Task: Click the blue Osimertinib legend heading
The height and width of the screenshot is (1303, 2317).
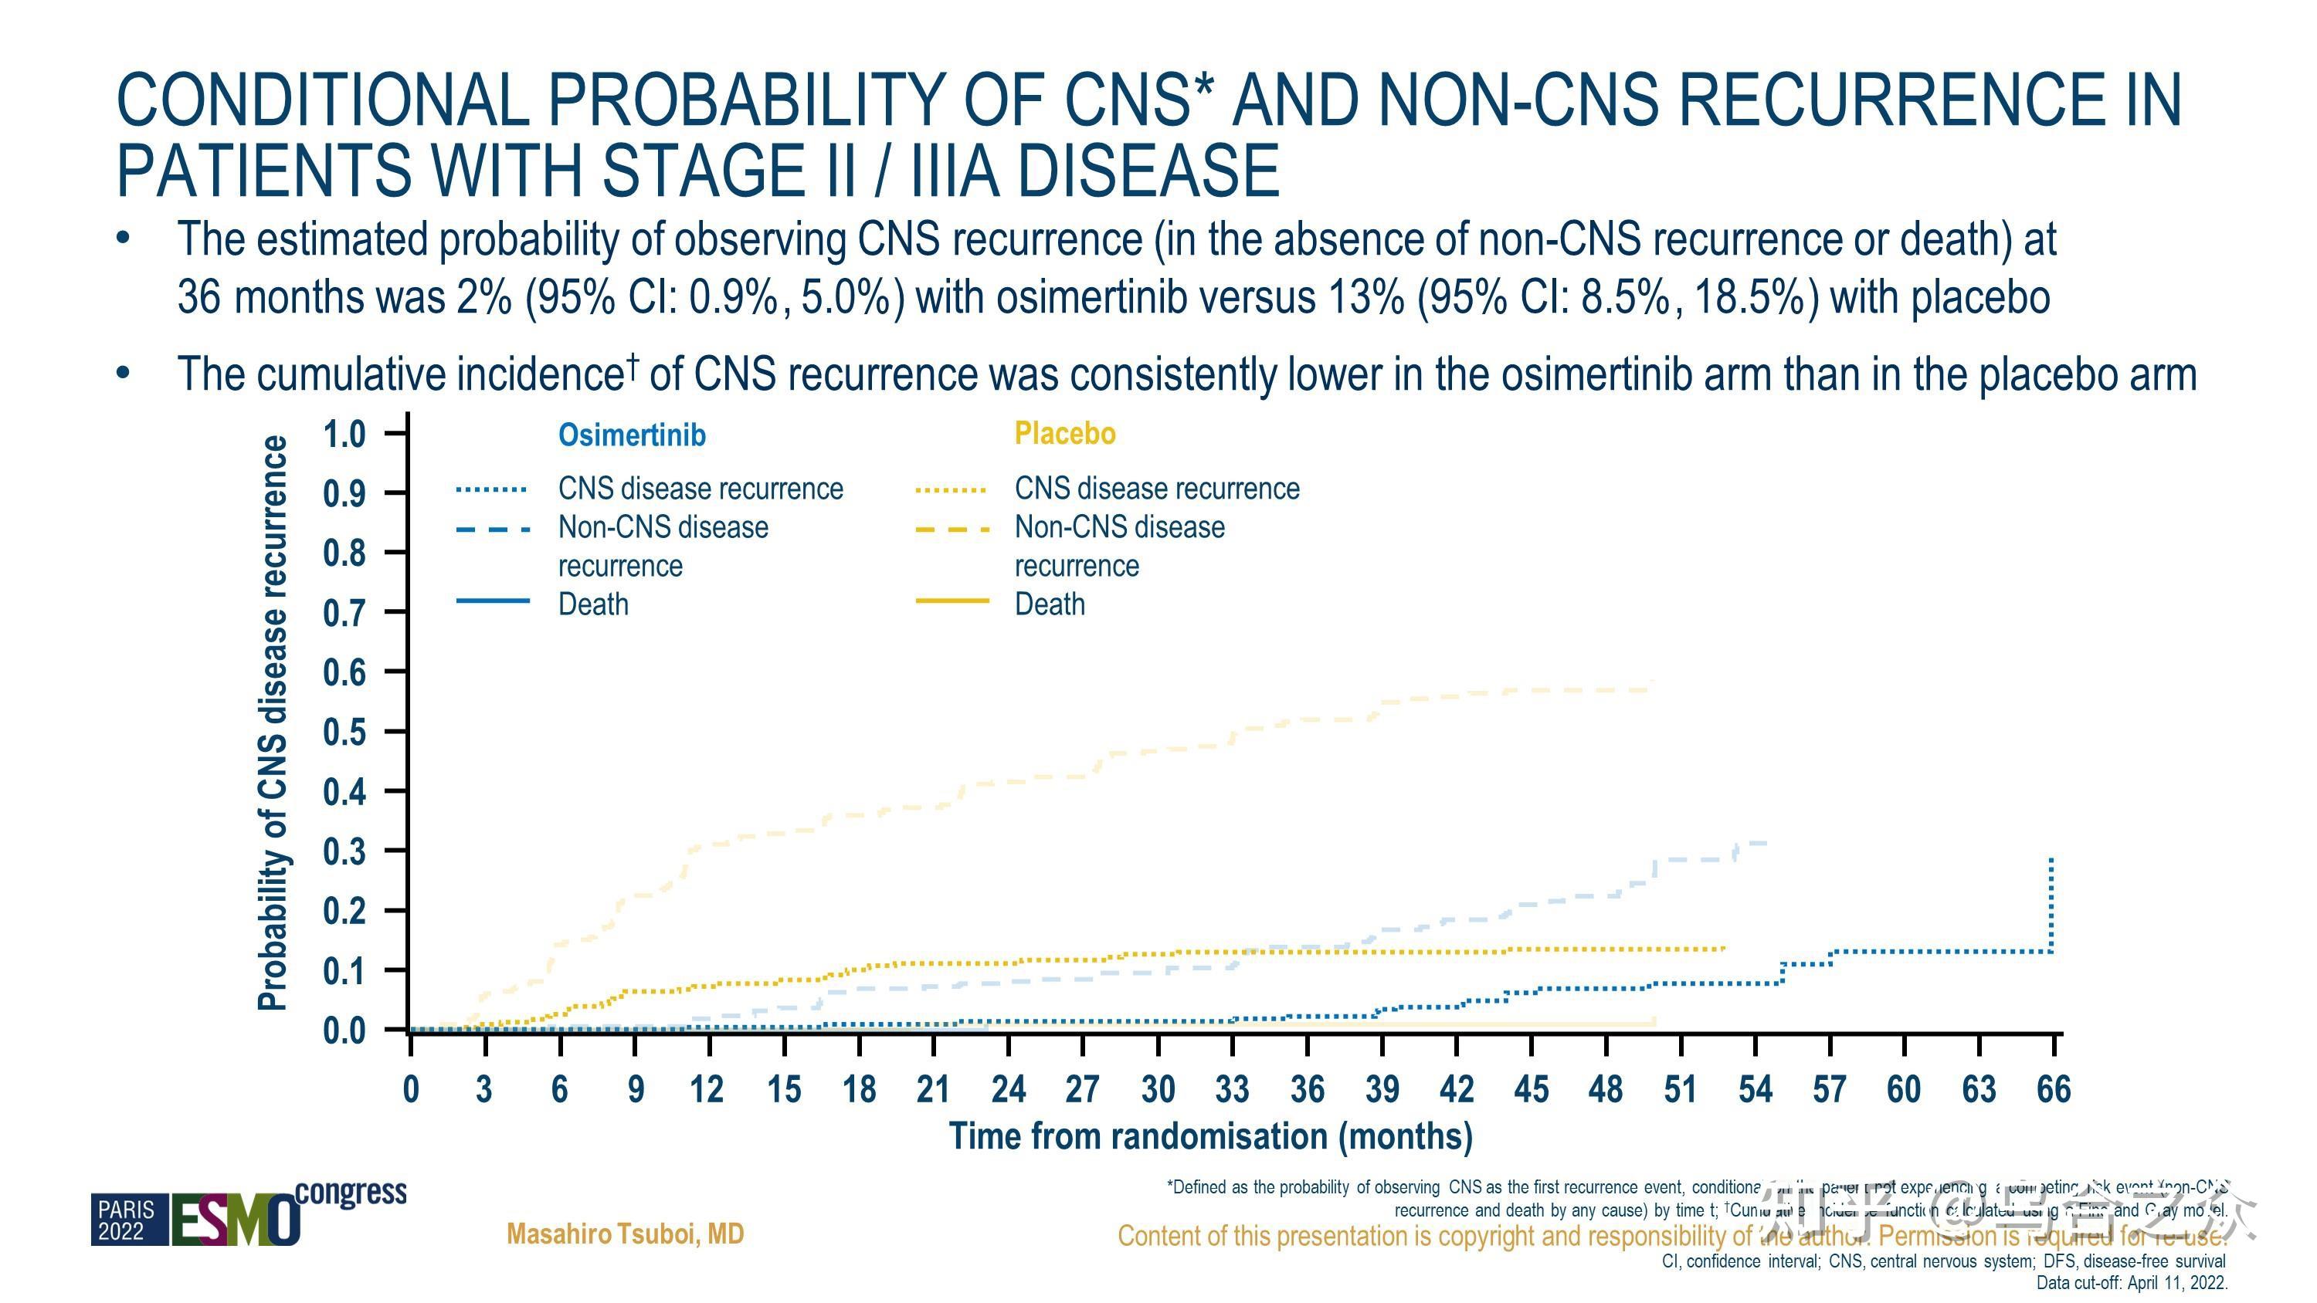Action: tap(632, 435)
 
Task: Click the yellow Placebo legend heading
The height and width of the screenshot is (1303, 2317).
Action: tap(1064, 434)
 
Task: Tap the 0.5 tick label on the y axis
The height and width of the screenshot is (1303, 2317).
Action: tap(344, 732)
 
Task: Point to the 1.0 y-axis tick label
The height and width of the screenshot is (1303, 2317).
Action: tap(344, 435)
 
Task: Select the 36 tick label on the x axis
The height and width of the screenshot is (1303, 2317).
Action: tap(1307, 1090)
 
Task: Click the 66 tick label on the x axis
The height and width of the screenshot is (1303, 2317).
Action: tap(2053, 1090)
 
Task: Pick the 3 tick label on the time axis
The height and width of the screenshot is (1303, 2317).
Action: tap(484, 1090)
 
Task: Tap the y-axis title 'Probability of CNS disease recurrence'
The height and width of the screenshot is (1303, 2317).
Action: tap(273, 724)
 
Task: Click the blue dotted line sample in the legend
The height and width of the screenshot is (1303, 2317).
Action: tap(491, 490)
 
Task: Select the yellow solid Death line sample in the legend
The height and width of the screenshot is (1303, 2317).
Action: tap(952, 601)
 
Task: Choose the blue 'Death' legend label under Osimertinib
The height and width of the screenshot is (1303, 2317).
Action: tap(592, 604)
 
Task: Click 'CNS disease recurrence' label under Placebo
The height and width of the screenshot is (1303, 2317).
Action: tap(1157, 489)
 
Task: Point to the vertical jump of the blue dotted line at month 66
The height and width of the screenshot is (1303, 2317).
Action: tap(2051, 904)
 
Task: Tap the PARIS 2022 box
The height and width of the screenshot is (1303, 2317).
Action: tap(127, 1220)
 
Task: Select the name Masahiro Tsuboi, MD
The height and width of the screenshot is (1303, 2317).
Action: tap(625, 1234)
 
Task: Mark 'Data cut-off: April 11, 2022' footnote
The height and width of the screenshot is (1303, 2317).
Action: tap(2131, 1283)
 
